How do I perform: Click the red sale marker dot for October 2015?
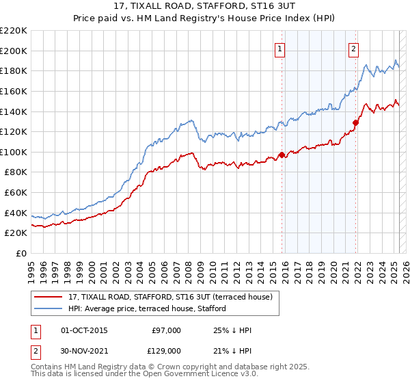click(x=282, y=155)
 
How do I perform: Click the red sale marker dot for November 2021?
click(x=356, y=122)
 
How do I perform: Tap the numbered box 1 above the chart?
click(x=281, y=48)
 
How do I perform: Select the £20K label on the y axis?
click(x=16, y=233)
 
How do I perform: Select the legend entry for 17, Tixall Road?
click(x=170, y=297)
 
